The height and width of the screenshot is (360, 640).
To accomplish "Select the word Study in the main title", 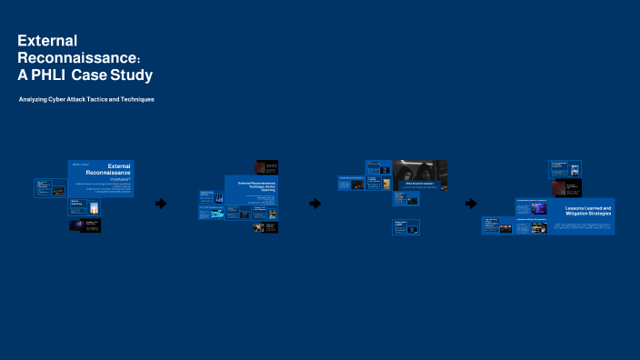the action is coord(132,75).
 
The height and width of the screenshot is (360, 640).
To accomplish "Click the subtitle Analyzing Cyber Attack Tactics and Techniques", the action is coord(86,98).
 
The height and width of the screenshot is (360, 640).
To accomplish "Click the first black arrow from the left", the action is coord(161,204).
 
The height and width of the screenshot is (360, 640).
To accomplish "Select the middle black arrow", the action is coord(315,204).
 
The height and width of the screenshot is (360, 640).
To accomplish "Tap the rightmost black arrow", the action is coord(470,204).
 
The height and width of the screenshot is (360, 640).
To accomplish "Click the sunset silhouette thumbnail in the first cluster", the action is coord(94,207).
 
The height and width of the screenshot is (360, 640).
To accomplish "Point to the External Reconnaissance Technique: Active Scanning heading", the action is coord(257,186).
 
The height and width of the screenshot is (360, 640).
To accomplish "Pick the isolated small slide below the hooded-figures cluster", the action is coord(405,227).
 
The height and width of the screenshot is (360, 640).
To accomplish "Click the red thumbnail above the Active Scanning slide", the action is coord(265,168).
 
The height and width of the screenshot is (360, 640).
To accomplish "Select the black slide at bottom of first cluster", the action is coord(85,225).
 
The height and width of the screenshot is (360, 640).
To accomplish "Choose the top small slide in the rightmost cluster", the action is coord(565,169).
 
